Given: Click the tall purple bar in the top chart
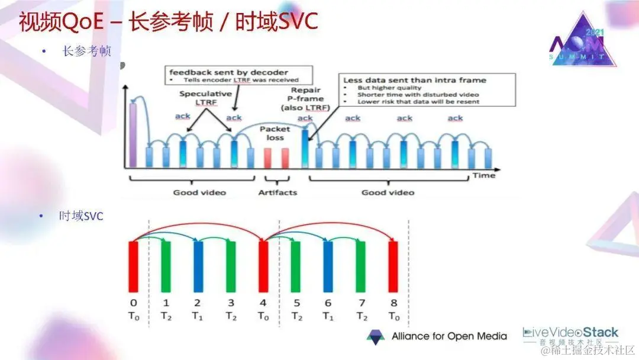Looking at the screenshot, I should pyautogui.click(x=133, y=136).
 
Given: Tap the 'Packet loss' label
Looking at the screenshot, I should pyautogui.click(x=275, y=133).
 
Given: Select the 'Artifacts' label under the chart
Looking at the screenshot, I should pyautogui.click(x=277, y=192).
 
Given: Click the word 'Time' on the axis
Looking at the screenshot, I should pyautogui.click(x=483, y=176).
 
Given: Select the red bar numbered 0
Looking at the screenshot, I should pyautogui.click(x=134, y=265).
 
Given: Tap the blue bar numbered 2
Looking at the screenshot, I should pyautogui.click(x=198, y=265).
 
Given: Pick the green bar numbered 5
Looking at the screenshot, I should pyautogui.click(x=296, y=265).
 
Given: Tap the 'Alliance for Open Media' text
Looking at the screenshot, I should pyautogui.click(x=449, y=336).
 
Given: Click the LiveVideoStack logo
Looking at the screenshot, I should pyautogui.click(x=570, y=336).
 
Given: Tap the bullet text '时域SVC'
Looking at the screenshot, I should pyautogui.click(x=81, y=217).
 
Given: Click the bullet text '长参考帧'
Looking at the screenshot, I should pyautogui.click(x=86, y=52).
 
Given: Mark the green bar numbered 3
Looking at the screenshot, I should pyautogui.click(x=231, y=265).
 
